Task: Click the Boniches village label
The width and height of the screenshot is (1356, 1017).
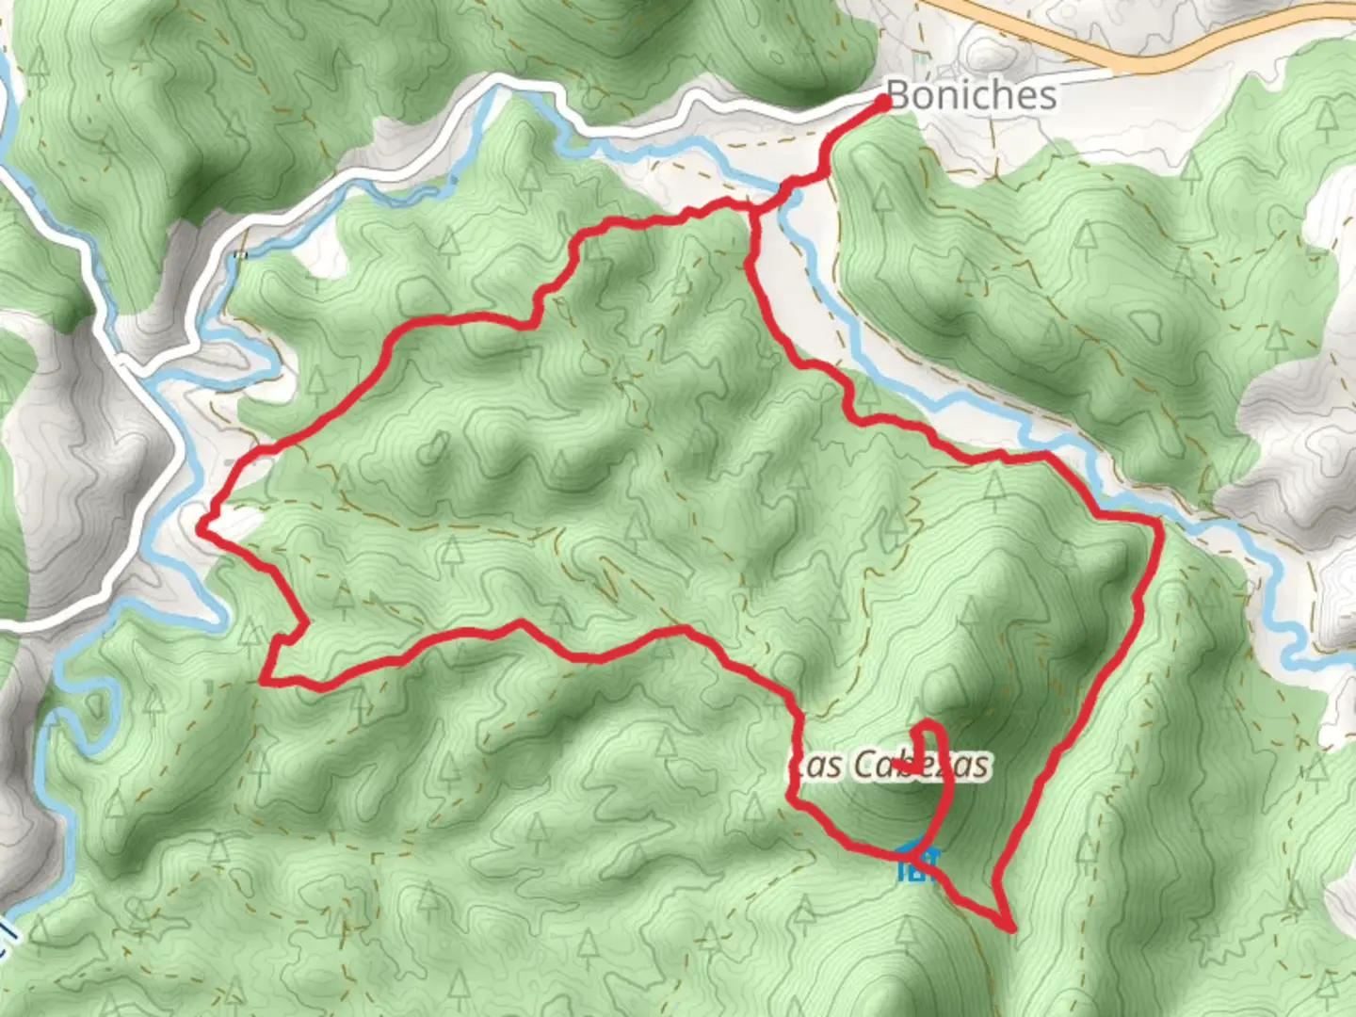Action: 971,95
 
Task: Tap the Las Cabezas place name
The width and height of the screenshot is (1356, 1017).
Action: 891,765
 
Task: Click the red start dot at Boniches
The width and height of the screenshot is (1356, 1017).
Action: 884,102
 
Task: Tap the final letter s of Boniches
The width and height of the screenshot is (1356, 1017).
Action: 1047,96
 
